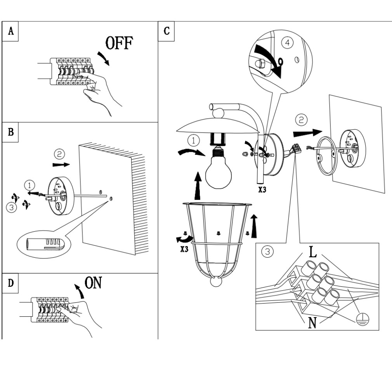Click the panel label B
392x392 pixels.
[x=11, y=132]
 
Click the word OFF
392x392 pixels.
[x=119, y=43]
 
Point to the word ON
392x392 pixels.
[x=93, y=283]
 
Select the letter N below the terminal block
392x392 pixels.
[x=312, y=323]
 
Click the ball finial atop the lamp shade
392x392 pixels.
[x=219, y=113]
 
